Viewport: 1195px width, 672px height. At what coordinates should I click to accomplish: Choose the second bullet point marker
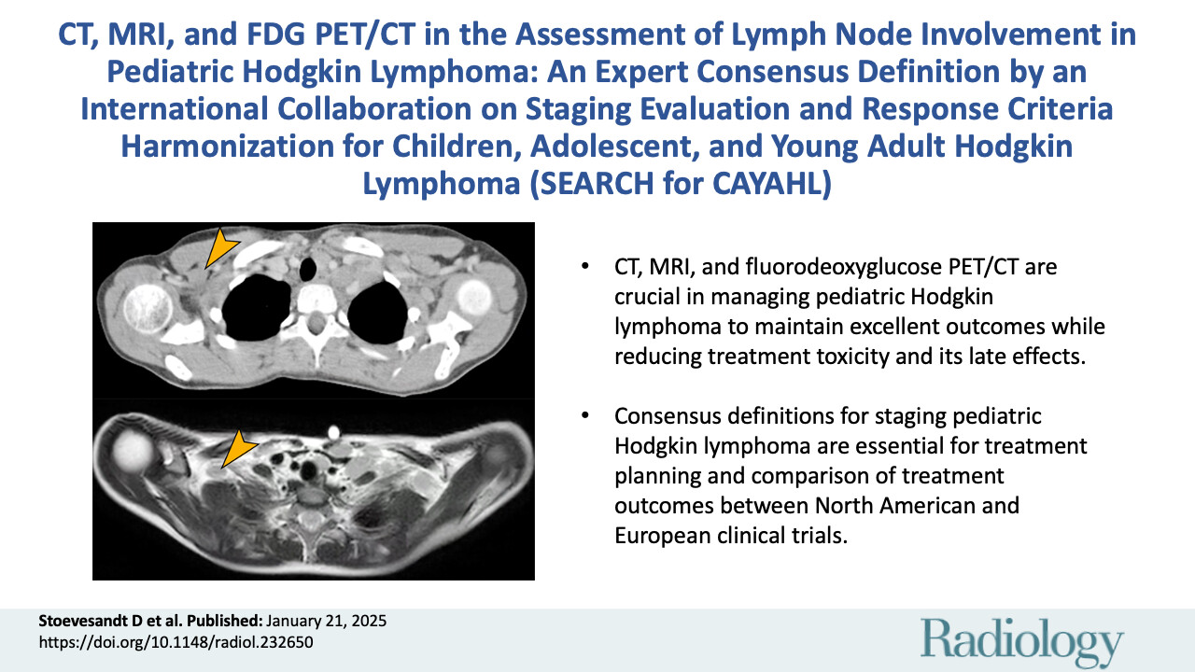pyautogui.click(x=584, y=416)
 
